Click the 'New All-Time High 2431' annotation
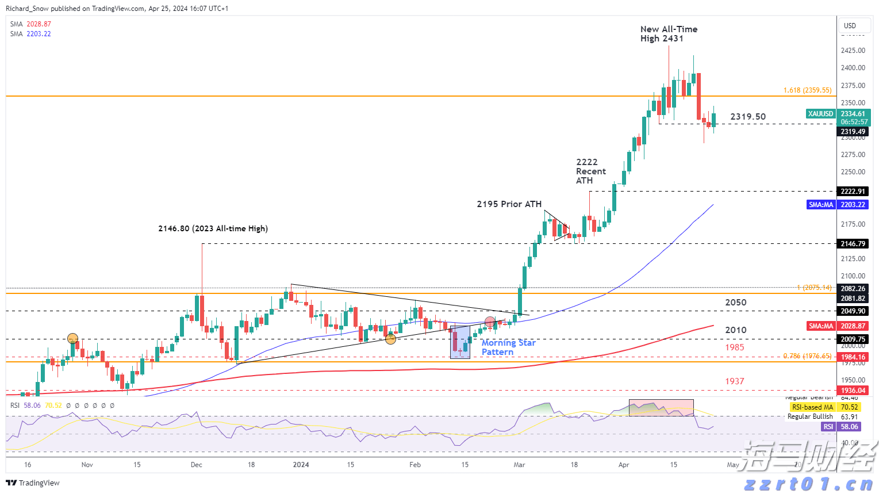pos(669,34)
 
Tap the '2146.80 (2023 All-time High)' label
pos(213,228)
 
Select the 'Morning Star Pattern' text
pos(508,347)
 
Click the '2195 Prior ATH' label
pos(509,204)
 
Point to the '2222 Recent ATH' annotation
pos(590,171)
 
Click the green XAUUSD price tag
pos(820,114)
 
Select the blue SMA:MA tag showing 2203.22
pos(821,205)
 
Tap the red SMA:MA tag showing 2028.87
pos(821,326)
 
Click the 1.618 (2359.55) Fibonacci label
pos(807,90)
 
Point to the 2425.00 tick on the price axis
pos(853,51)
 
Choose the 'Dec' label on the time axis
pos(196,465)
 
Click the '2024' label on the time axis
pos(301,465)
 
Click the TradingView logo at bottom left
pos(33,483)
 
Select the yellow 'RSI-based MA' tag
pos(812,407)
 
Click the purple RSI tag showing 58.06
pos(828,427)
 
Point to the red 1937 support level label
pos(734,381)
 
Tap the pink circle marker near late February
pos(490,322)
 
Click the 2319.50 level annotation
pos(748,117)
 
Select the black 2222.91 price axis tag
pos(853,192)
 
